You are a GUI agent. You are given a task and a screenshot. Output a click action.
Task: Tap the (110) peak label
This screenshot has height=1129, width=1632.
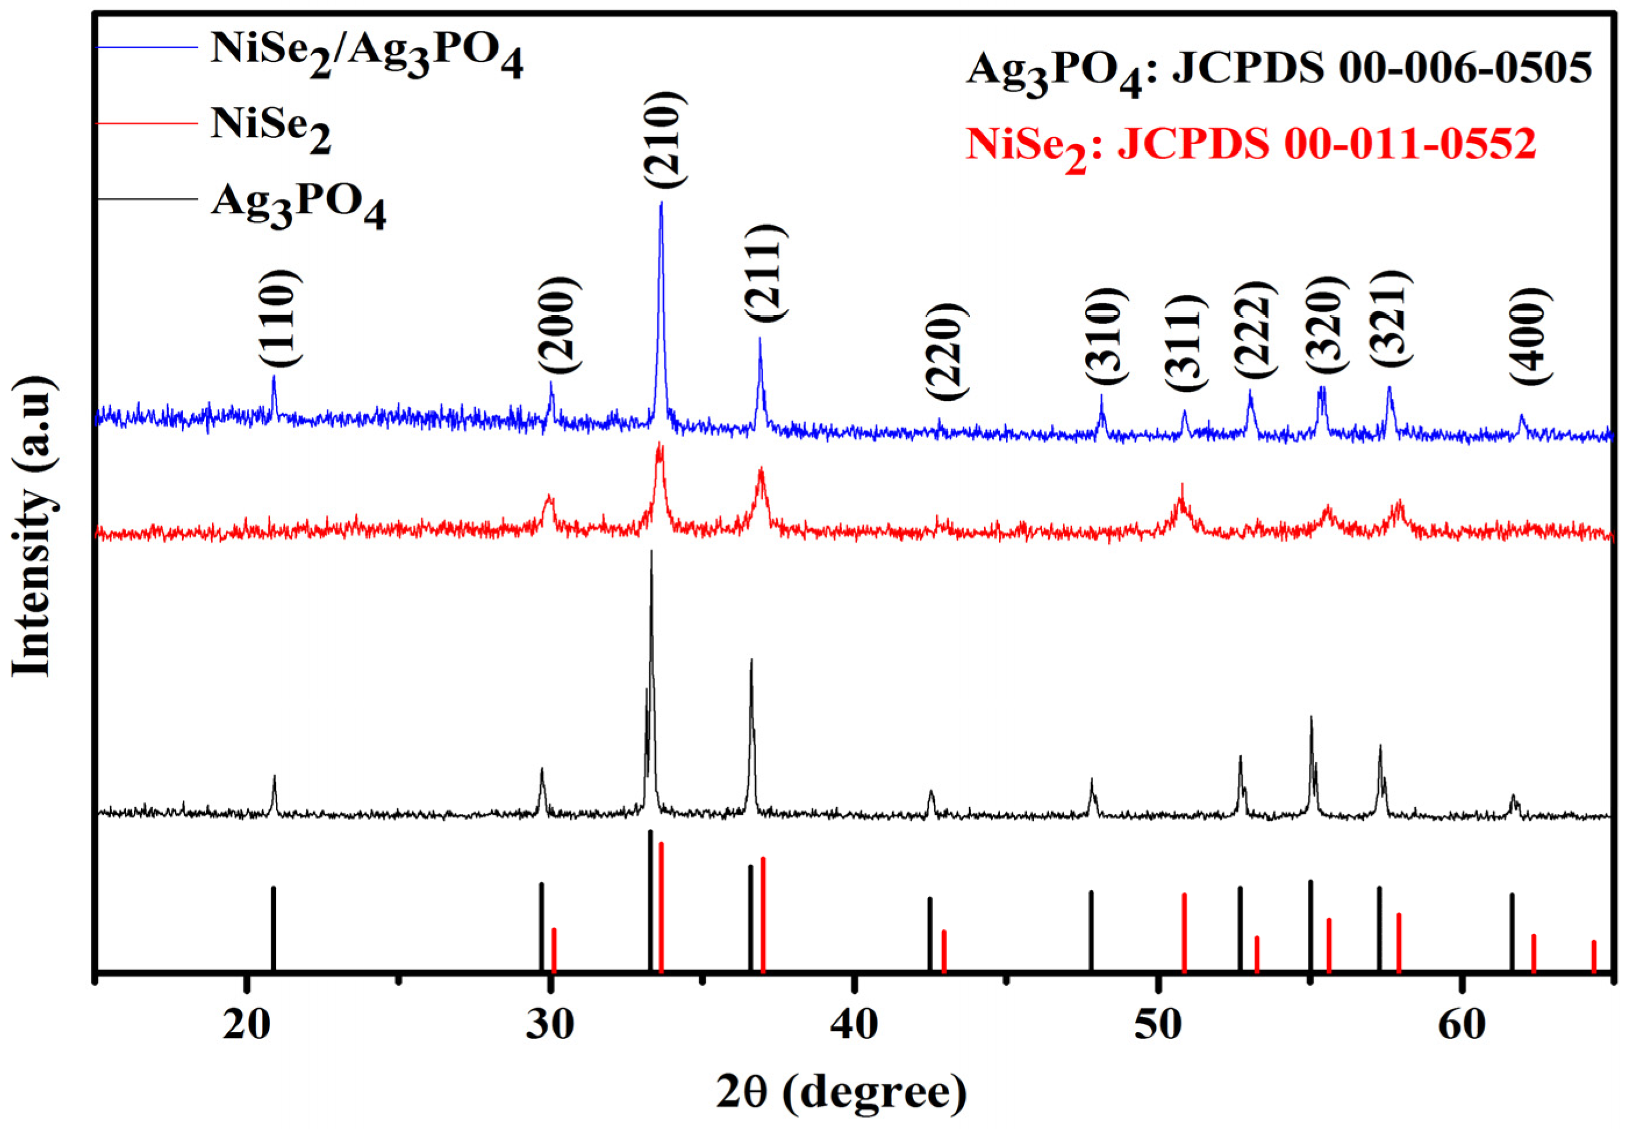[x=281, y=320]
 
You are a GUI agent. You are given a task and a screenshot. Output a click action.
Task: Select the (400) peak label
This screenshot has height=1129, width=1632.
[x=1531, y=337]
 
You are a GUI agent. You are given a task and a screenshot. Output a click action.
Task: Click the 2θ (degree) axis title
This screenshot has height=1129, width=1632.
[x=842, y=1091]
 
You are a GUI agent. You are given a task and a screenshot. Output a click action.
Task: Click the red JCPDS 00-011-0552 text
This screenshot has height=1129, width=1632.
[x=1327, y=145]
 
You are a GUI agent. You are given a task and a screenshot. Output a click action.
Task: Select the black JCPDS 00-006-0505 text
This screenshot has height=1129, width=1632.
[x=1379, y=69]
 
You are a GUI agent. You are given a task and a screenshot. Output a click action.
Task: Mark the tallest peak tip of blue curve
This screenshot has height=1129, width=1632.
[x=661, y=203]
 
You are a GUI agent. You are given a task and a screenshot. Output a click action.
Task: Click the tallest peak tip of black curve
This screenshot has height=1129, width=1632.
[x=651, y=552]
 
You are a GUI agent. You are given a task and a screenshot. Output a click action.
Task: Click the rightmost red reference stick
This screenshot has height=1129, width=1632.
[x=1594, y=955]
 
